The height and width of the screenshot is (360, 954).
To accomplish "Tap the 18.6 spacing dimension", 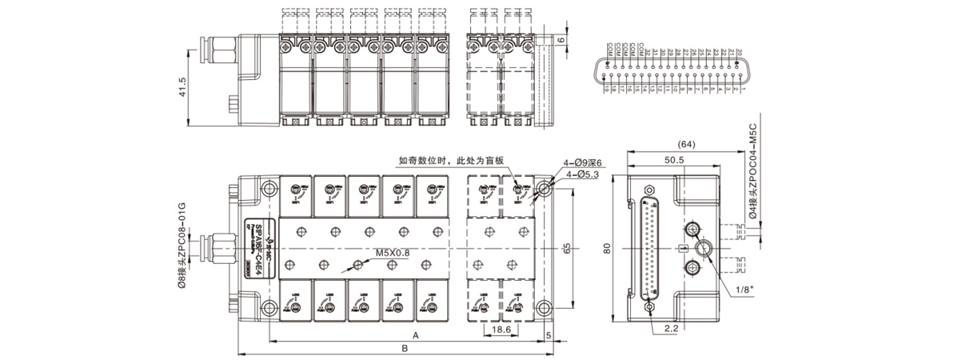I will point(501,329).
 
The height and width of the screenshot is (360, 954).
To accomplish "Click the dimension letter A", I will point(414,334).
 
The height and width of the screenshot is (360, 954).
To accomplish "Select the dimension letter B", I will point(405,349).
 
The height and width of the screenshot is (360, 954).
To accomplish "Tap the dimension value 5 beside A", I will point(549,334).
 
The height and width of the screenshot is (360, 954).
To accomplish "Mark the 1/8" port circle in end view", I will point(703,249).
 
